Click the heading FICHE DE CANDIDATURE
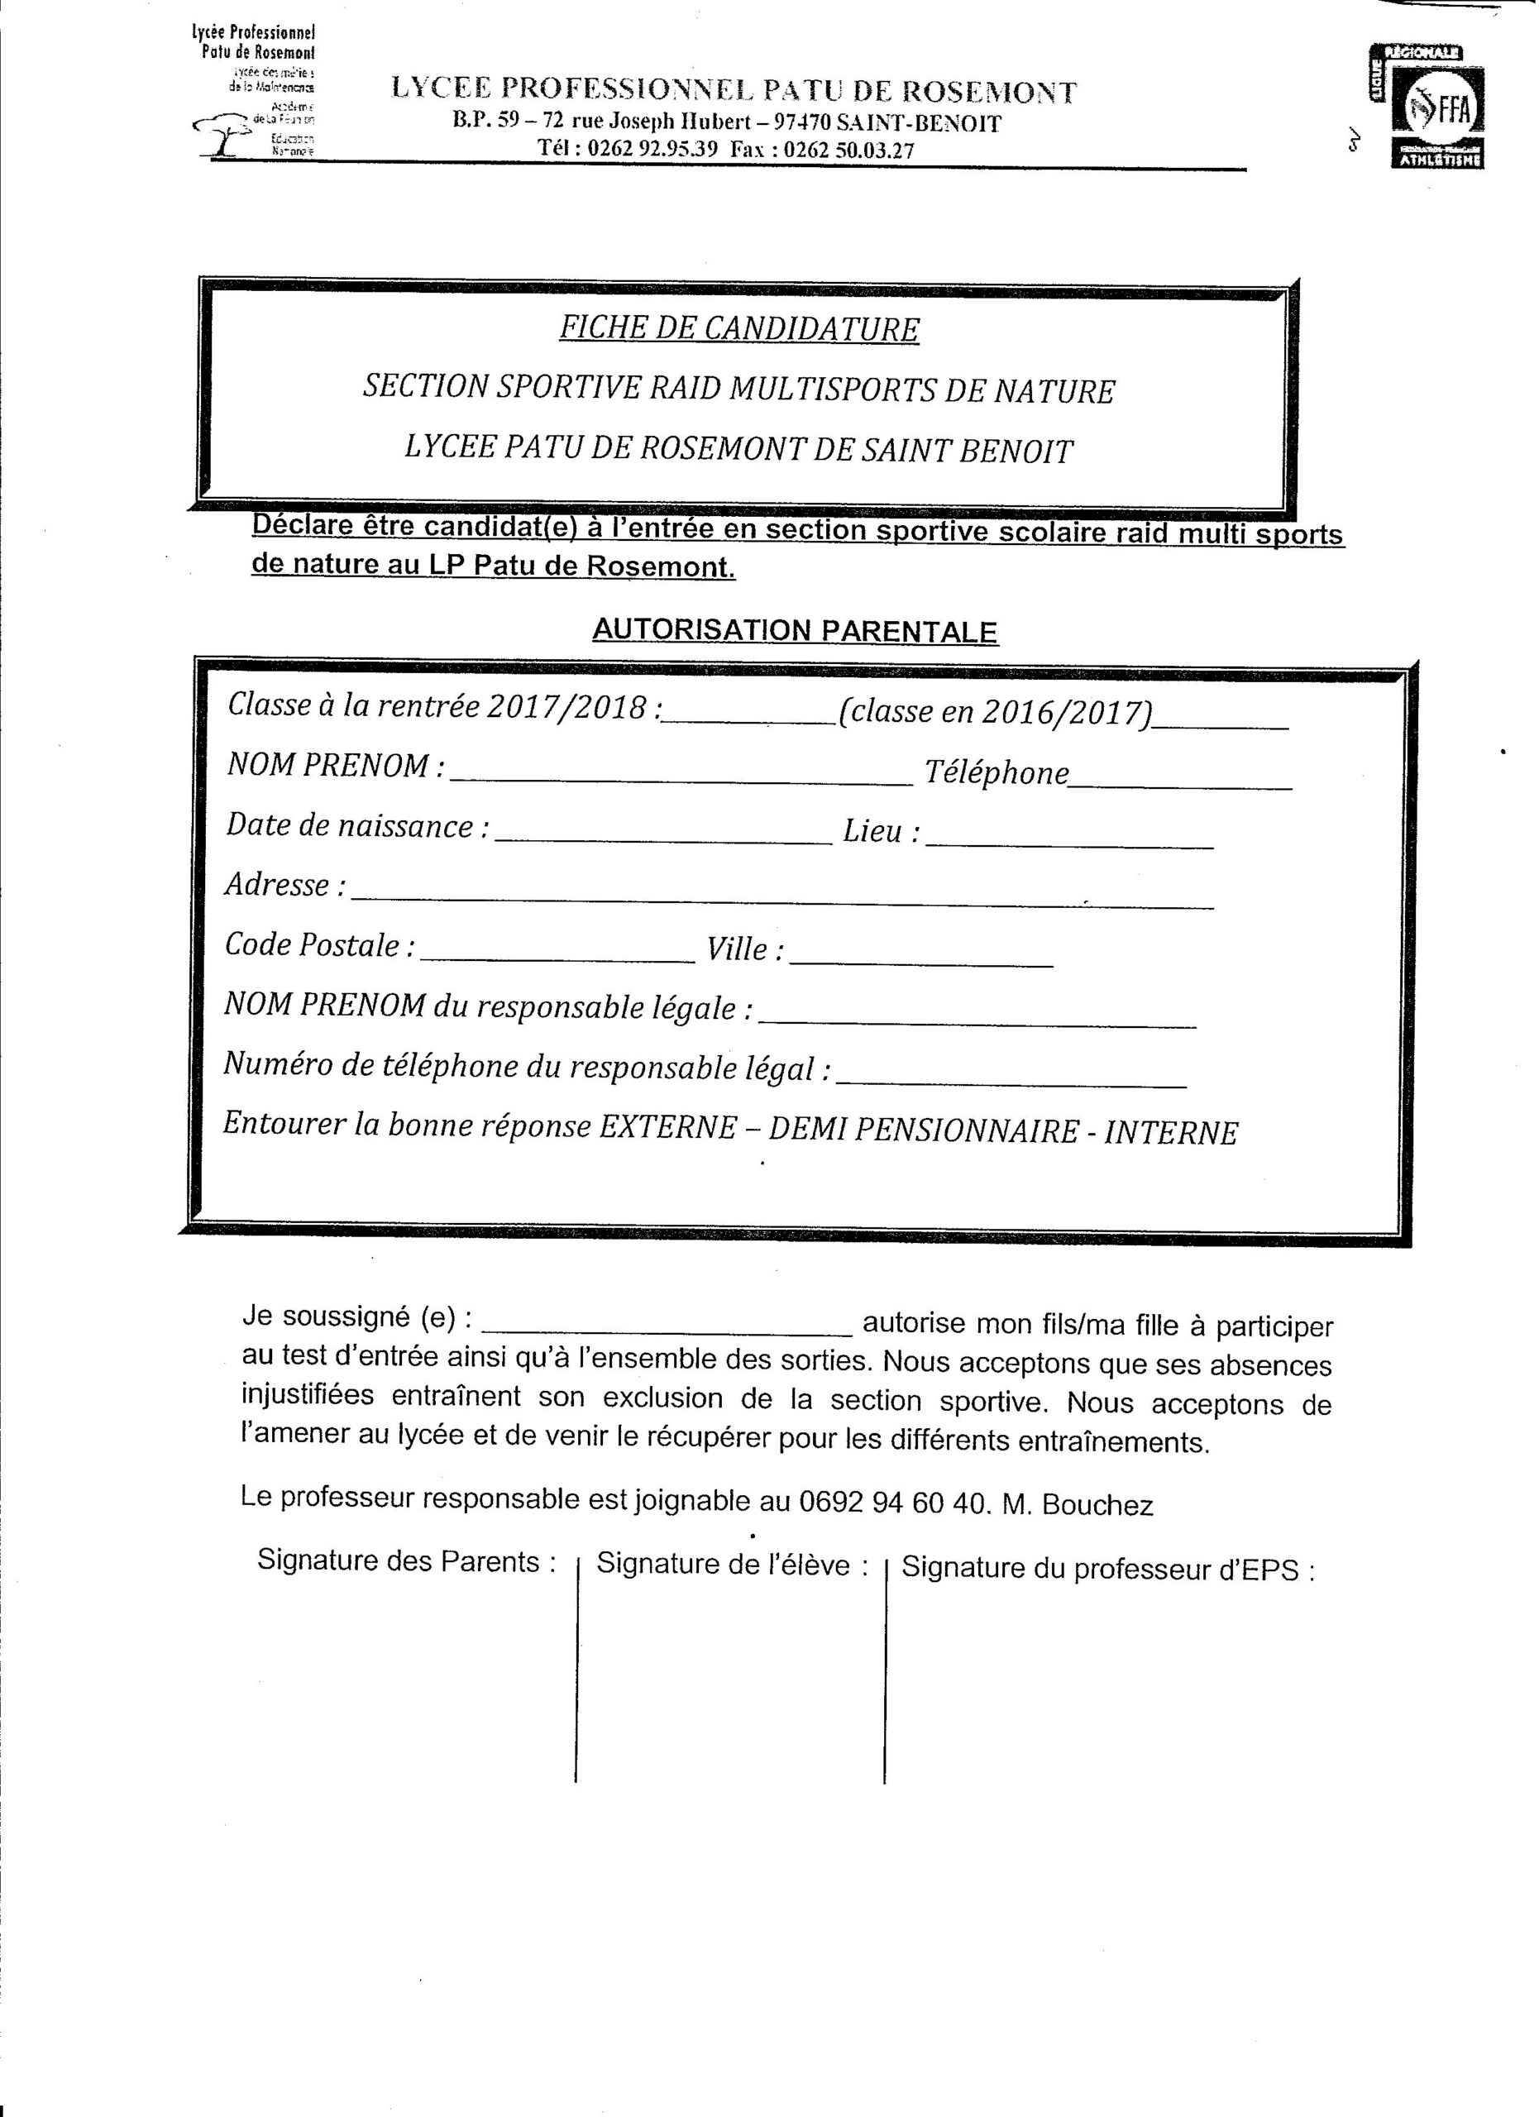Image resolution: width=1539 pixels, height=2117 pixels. pos(739,328)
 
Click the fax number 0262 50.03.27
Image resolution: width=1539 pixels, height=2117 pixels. pos(848,151)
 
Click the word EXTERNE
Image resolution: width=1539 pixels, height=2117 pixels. pos(667,1128)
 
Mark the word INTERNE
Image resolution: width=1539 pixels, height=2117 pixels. pos(1170,1133)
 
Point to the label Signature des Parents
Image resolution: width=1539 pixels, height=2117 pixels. pos(407,1561)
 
